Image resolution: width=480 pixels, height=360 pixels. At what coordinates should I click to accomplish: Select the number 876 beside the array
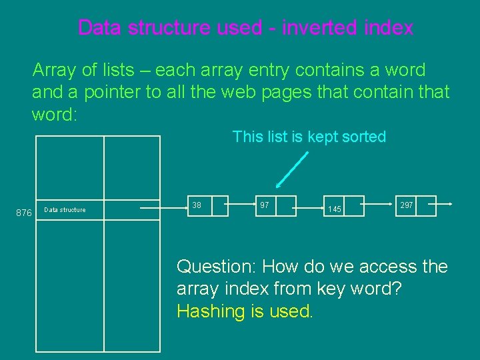point(23,213)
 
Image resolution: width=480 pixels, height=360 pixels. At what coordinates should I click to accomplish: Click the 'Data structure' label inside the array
point(65,210)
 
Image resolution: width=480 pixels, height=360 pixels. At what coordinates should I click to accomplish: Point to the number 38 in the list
point(197,205)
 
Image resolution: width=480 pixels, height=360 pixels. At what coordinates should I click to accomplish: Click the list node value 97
point(265,205)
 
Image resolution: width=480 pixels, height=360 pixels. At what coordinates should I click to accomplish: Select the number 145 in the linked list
point(335,209)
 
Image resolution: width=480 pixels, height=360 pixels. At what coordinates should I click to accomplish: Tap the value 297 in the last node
point(405,205)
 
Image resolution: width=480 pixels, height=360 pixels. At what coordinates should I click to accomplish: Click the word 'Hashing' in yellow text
point(206,311)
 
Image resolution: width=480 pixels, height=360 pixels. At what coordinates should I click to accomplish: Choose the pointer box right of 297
point(425,205)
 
